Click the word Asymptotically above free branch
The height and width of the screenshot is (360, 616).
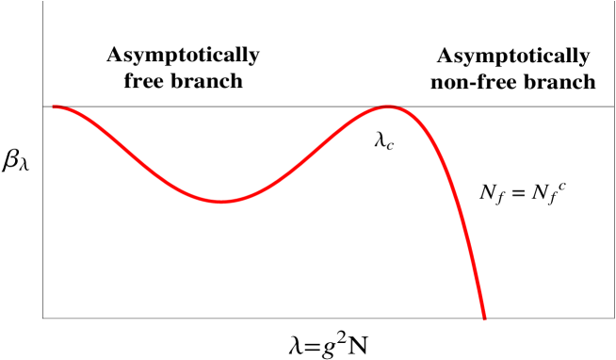[183, 56]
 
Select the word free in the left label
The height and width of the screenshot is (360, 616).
[145, 81]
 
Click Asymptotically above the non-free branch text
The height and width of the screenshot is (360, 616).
[513, 56]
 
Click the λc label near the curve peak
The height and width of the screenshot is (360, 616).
[384, 141]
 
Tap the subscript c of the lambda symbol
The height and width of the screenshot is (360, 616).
[392, 145]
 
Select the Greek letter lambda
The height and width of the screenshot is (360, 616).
[380, 140]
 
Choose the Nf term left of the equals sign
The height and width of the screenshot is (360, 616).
[494, 194]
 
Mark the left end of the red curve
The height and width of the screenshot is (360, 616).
[54, 106]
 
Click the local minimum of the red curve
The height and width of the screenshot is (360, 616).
[222, 201]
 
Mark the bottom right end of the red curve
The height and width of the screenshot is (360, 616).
[485, 319]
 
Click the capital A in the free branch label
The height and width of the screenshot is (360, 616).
[114, 55]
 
